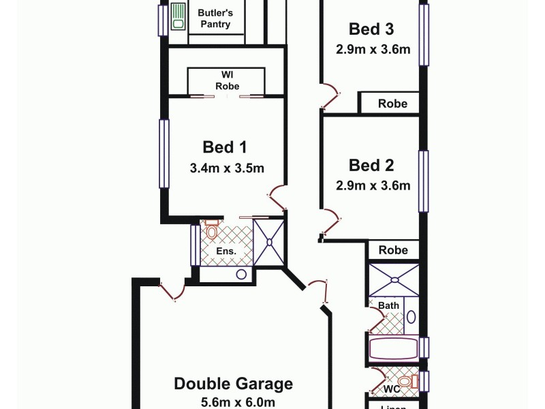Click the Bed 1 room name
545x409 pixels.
click(x=224, y=147)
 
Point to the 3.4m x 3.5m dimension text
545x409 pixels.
click(x=227, y=168)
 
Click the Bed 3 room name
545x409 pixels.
click(x=371, y=29)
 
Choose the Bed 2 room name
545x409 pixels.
click(x=371, y=165)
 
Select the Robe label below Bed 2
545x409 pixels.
click(x=392, y=249)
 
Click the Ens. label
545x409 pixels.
click(x=226, y=252)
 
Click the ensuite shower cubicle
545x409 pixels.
click(x=270, y=241)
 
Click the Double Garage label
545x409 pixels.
click(x=233, y=384)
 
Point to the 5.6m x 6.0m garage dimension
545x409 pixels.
click(x=233, y=402)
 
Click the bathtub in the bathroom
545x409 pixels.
click(x=393, y=348)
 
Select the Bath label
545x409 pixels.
click(x=389, y=305)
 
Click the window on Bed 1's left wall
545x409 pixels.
click(x=163, y=153)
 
